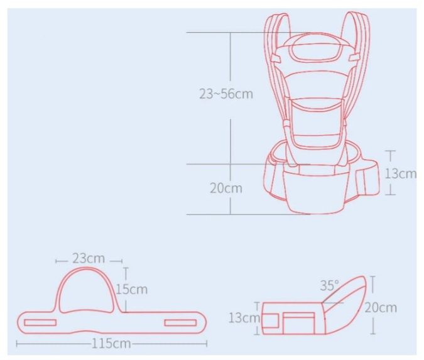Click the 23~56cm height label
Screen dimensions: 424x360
tap(226, 94)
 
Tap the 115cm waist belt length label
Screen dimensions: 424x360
tap(111, 344)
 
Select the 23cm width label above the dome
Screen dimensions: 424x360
tap(89, 258)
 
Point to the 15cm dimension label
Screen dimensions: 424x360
tap(132, 290)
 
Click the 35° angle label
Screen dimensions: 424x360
tap(330, 285)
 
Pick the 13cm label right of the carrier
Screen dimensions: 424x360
tap(401, 173)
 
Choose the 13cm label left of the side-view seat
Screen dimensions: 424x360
tap(244, 318)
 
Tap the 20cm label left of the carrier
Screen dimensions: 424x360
tap(226, 188)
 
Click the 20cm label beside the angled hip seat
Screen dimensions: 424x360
tap(381, 307)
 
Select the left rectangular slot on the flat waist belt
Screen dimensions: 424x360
tap(40, 322)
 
